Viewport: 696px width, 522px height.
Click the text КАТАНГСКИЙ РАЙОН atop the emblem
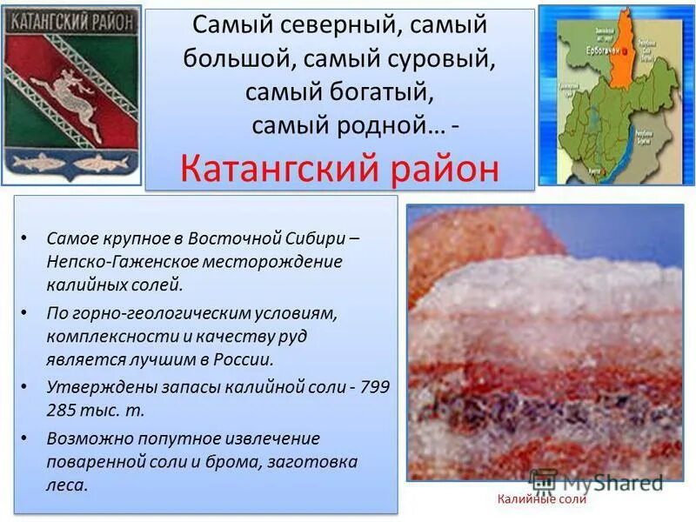(x=70, y=18)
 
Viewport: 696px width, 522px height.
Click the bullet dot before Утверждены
(x=27, y=387)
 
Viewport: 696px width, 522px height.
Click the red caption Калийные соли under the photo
(x=542, y=499)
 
